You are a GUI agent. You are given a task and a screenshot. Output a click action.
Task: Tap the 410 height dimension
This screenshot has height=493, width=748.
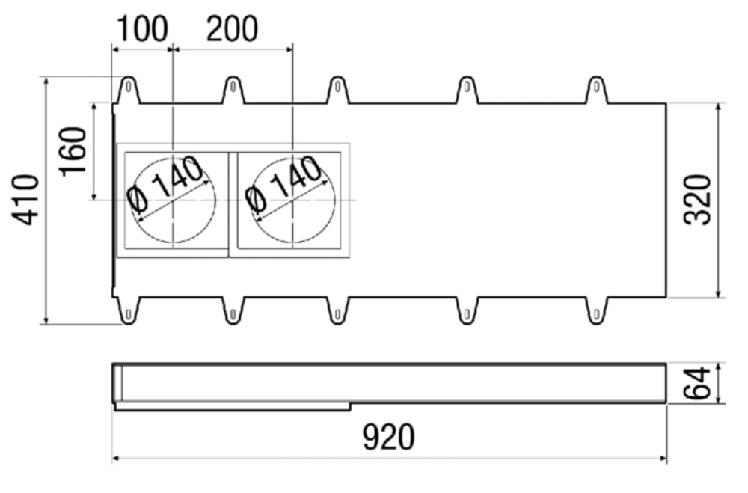tap(25, 200)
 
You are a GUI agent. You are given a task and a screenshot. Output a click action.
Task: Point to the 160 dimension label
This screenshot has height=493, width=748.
tap(73, 151)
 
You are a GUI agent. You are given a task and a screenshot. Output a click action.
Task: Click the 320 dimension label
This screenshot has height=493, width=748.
tap(697, 200)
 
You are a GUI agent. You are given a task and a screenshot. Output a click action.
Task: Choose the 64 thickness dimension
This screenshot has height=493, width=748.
tap(697, 383)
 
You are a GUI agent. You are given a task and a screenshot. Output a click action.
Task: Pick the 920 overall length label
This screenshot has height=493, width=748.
tap(389, 437)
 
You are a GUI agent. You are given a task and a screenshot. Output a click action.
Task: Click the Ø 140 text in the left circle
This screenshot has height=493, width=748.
tap(165, 184)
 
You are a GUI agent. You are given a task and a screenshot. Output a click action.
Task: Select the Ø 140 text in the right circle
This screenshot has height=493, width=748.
tap(284, 184)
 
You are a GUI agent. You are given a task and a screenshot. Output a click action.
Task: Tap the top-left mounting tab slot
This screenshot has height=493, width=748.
tap(129, 87)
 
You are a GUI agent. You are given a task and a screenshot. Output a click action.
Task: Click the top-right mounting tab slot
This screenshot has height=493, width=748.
tap(596, 87)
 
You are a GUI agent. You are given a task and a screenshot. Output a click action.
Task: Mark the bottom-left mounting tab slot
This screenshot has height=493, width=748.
tap(129, 314)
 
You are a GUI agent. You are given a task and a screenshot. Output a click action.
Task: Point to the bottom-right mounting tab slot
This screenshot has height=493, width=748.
tap(596, 314)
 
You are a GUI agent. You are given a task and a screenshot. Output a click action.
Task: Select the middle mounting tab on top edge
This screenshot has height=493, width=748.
tap(338, 90)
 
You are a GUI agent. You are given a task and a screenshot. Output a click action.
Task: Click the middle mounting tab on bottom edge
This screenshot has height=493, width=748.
tap(338, 310)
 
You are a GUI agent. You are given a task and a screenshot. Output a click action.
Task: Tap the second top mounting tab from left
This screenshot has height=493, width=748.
tap(233, 90)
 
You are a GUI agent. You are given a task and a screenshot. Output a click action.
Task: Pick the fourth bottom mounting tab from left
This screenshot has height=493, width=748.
tap(467, 310)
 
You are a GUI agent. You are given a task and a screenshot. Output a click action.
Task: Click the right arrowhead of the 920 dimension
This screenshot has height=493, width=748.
tap(663, 459)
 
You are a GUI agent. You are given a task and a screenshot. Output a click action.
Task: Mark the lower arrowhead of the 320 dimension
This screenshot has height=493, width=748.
tap(719, 293)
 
